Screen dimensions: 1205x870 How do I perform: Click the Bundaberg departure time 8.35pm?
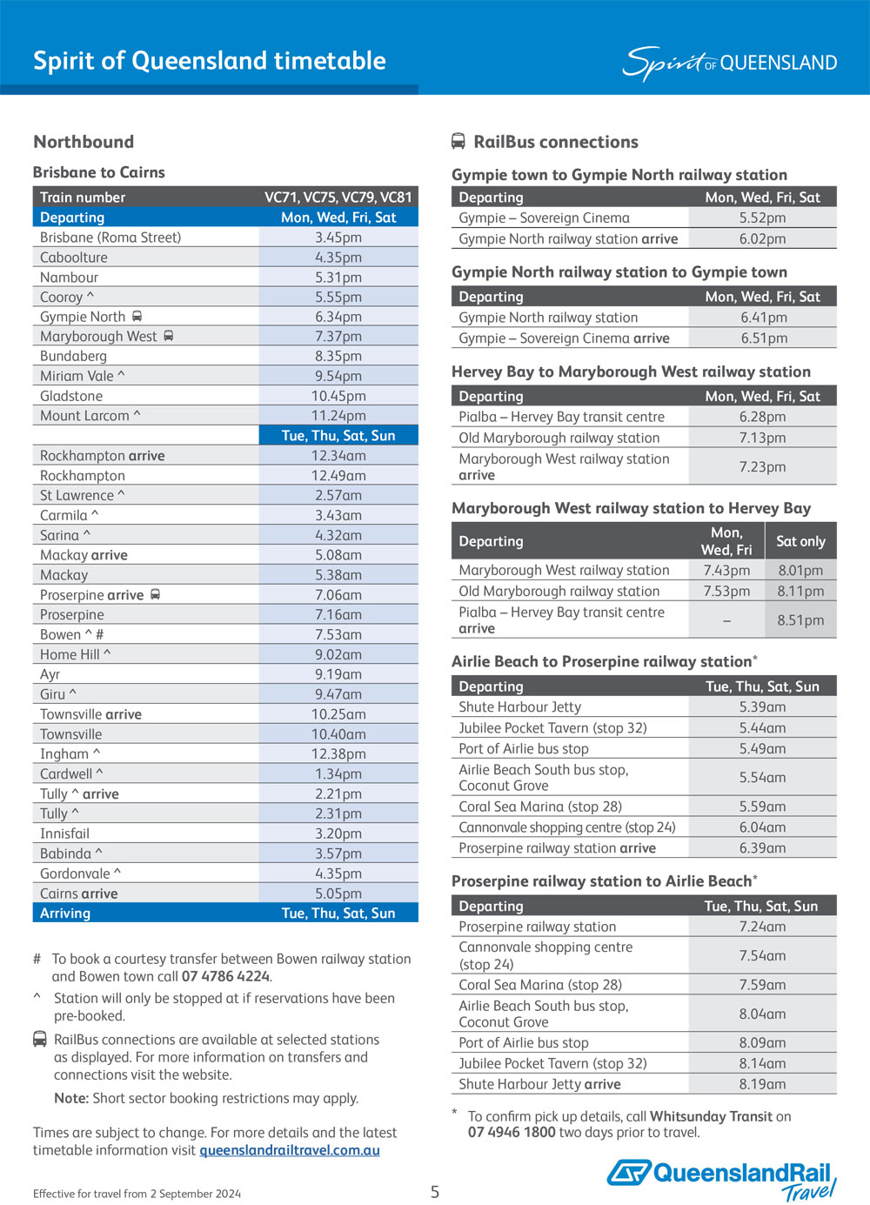tap(338, 356)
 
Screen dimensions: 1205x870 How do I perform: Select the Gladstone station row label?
tap(71, 396)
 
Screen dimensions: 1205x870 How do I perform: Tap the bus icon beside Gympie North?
tap(137, 317)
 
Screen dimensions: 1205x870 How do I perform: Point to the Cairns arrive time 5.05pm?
tap(338, 894)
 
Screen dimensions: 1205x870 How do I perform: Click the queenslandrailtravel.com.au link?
tap(290, 1150)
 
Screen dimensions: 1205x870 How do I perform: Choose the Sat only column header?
tap(800, 541)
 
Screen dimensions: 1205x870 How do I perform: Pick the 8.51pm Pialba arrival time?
tap(800, 620)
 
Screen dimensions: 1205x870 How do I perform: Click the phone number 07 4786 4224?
tap(226, 976)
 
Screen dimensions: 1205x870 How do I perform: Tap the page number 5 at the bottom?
tap(435, 1192)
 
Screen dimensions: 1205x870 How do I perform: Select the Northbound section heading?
tap(84, 142)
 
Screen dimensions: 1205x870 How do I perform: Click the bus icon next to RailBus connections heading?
tap(458, 141)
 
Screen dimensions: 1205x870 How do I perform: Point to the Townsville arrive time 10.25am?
tap(338, 714)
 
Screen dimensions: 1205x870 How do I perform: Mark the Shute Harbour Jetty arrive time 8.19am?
tap(762, 1084)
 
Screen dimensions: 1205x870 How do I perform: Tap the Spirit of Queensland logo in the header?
tap(729, 63)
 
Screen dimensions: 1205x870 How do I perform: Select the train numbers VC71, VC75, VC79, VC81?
tap(338, 197)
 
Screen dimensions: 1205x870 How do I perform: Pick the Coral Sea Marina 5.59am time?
tap(762, 807)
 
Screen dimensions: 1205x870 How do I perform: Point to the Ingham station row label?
tap(65, 754)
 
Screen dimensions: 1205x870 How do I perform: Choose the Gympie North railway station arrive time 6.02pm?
tap(762, 238)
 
